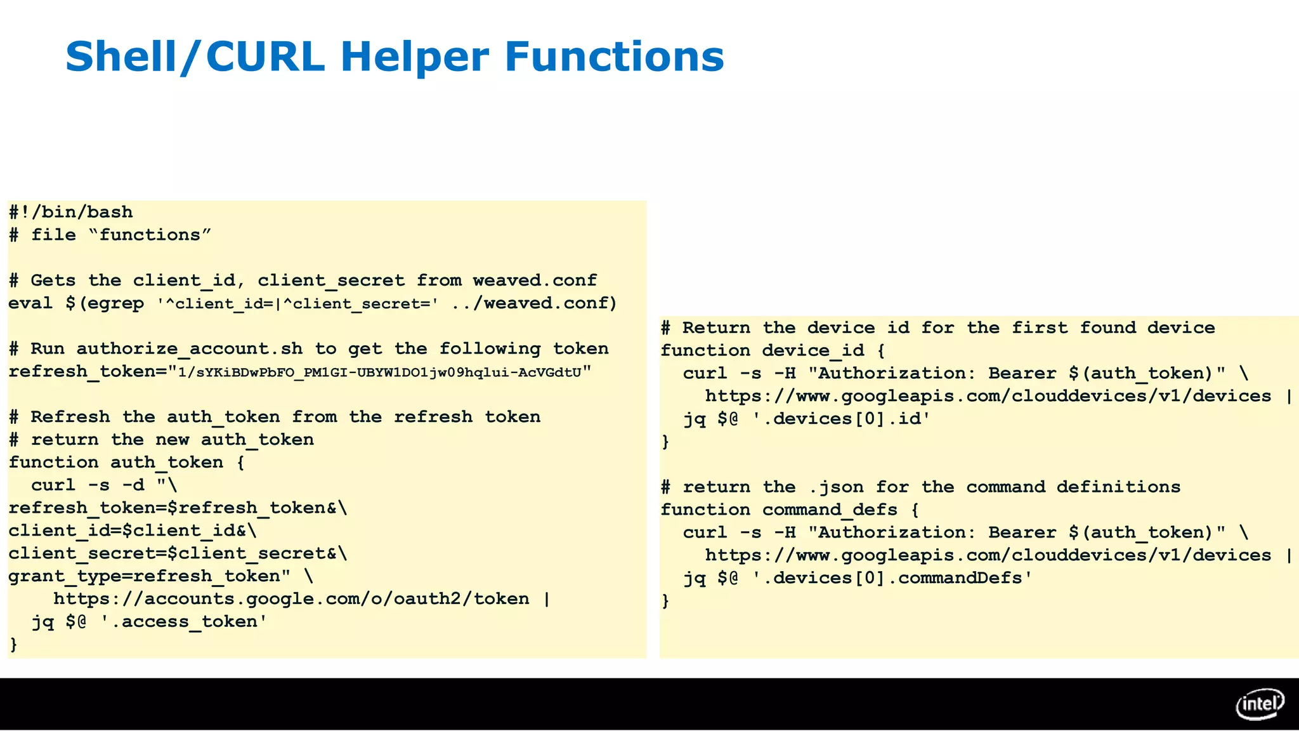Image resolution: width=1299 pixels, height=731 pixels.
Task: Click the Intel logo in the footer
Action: (x=1260, y=704)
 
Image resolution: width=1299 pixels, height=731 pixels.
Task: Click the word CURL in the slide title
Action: (x=265, y=56)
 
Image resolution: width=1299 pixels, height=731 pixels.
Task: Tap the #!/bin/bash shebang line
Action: (x=71, y=212)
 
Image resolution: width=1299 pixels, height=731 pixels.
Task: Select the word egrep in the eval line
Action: (x=115, y=303)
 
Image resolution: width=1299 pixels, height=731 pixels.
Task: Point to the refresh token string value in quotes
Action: (x=380, y=372)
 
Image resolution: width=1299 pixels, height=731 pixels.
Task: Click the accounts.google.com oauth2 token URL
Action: (x=291, y=599)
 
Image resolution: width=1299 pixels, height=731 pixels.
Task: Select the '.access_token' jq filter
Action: (x=184, y=622)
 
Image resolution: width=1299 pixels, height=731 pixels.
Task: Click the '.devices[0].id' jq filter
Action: (x=841, y=419)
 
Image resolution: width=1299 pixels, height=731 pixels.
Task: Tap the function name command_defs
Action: (x=830, y=510)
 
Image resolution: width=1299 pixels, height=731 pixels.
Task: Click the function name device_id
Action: (x=813, y=350)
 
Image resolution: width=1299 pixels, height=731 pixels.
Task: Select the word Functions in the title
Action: (x=614, y=56)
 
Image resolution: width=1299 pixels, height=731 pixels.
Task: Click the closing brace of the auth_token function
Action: (x=13, y=645)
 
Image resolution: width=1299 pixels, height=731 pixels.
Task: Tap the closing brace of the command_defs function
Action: (x=665, y=600)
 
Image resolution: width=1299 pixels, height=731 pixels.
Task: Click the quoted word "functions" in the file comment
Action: (x=150, y=235)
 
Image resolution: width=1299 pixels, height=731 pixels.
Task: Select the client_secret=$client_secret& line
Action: (x=178, y=553)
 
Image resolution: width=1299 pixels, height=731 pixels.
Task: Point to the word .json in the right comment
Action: (x=836, y=487)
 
